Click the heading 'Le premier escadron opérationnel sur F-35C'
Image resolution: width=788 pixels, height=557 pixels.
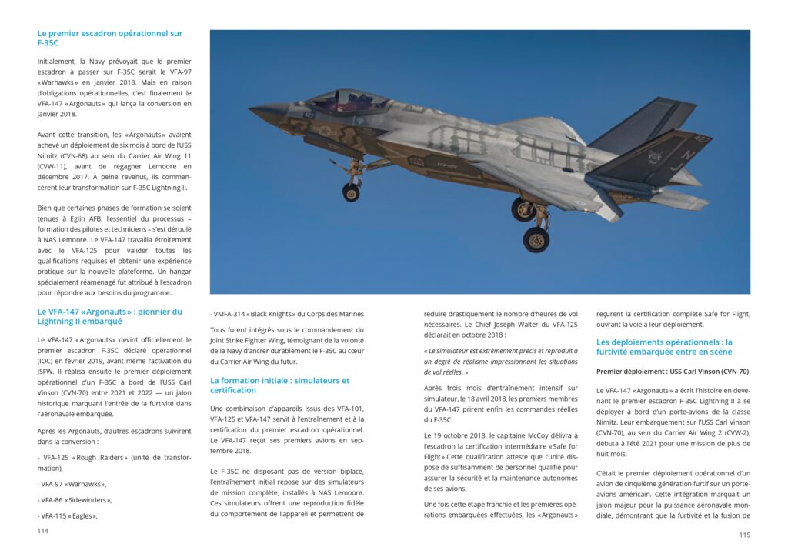[x=109, y=38]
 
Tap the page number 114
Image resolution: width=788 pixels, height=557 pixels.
[x=43, y=531]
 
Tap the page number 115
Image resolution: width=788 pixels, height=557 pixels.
[x=744, y=535]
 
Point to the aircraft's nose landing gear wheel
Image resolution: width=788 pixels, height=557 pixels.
[x=351, y=192]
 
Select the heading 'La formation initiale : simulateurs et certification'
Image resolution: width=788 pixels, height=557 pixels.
[x=279, y=385]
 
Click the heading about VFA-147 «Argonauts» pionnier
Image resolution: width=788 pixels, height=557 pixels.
[x=109, y=316]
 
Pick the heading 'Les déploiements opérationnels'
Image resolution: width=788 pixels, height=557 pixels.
[x=664, y=347]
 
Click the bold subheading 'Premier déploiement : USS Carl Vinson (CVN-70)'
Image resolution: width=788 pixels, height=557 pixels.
[x=673, y=371]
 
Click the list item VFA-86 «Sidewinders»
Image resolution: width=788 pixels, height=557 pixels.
[x=75, y=500]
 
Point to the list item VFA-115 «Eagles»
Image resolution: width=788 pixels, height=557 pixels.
[x=69, y=515]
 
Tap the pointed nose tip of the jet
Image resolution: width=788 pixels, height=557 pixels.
[x=252, y=109]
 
